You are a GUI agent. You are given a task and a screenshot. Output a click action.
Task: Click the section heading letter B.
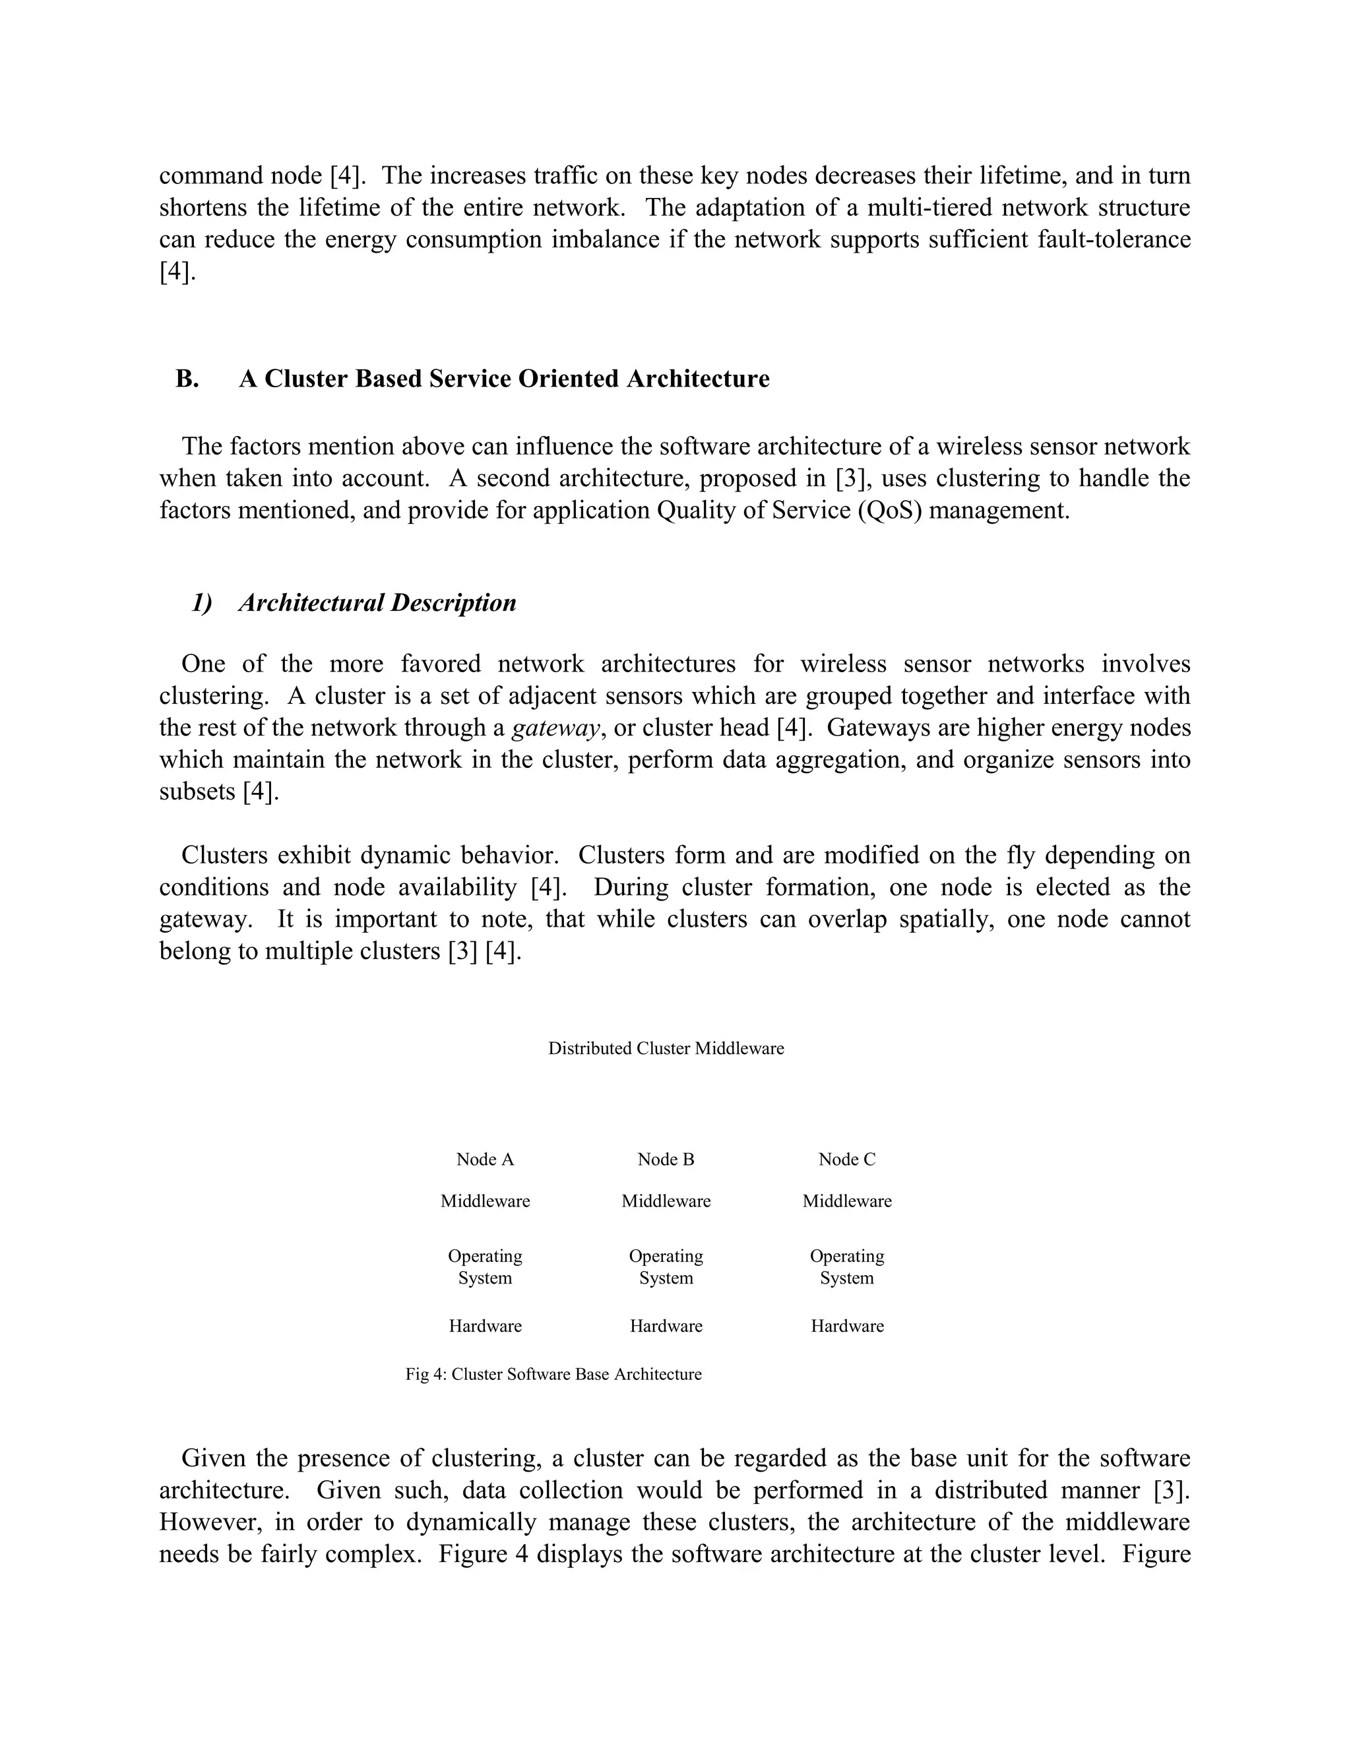click(x=187, y=379)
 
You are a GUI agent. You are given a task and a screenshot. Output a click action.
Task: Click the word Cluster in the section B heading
click(x=305, y=379)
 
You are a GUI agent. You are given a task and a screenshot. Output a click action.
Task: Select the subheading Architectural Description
click(x=377, y=603)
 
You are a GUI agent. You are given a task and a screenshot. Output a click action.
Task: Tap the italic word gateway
click(x=555, y=728)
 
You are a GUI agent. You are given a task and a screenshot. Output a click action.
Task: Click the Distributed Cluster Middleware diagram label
click(x=666, y=1049)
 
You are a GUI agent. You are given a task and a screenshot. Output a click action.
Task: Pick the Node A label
click(x=485, y=1159)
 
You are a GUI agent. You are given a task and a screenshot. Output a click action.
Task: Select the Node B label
click(x=666, y=1159)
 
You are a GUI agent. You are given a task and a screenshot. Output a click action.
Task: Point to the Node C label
click(x=847, y=1159)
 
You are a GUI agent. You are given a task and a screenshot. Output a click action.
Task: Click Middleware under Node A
click(x=485, y=1201)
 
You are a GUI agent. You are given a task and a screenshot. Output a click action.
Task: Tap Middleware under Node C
click(x=847, y=1201)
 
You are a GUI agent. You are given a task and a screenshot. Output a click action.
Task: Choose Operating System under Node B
click(x=666, y=1266)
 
